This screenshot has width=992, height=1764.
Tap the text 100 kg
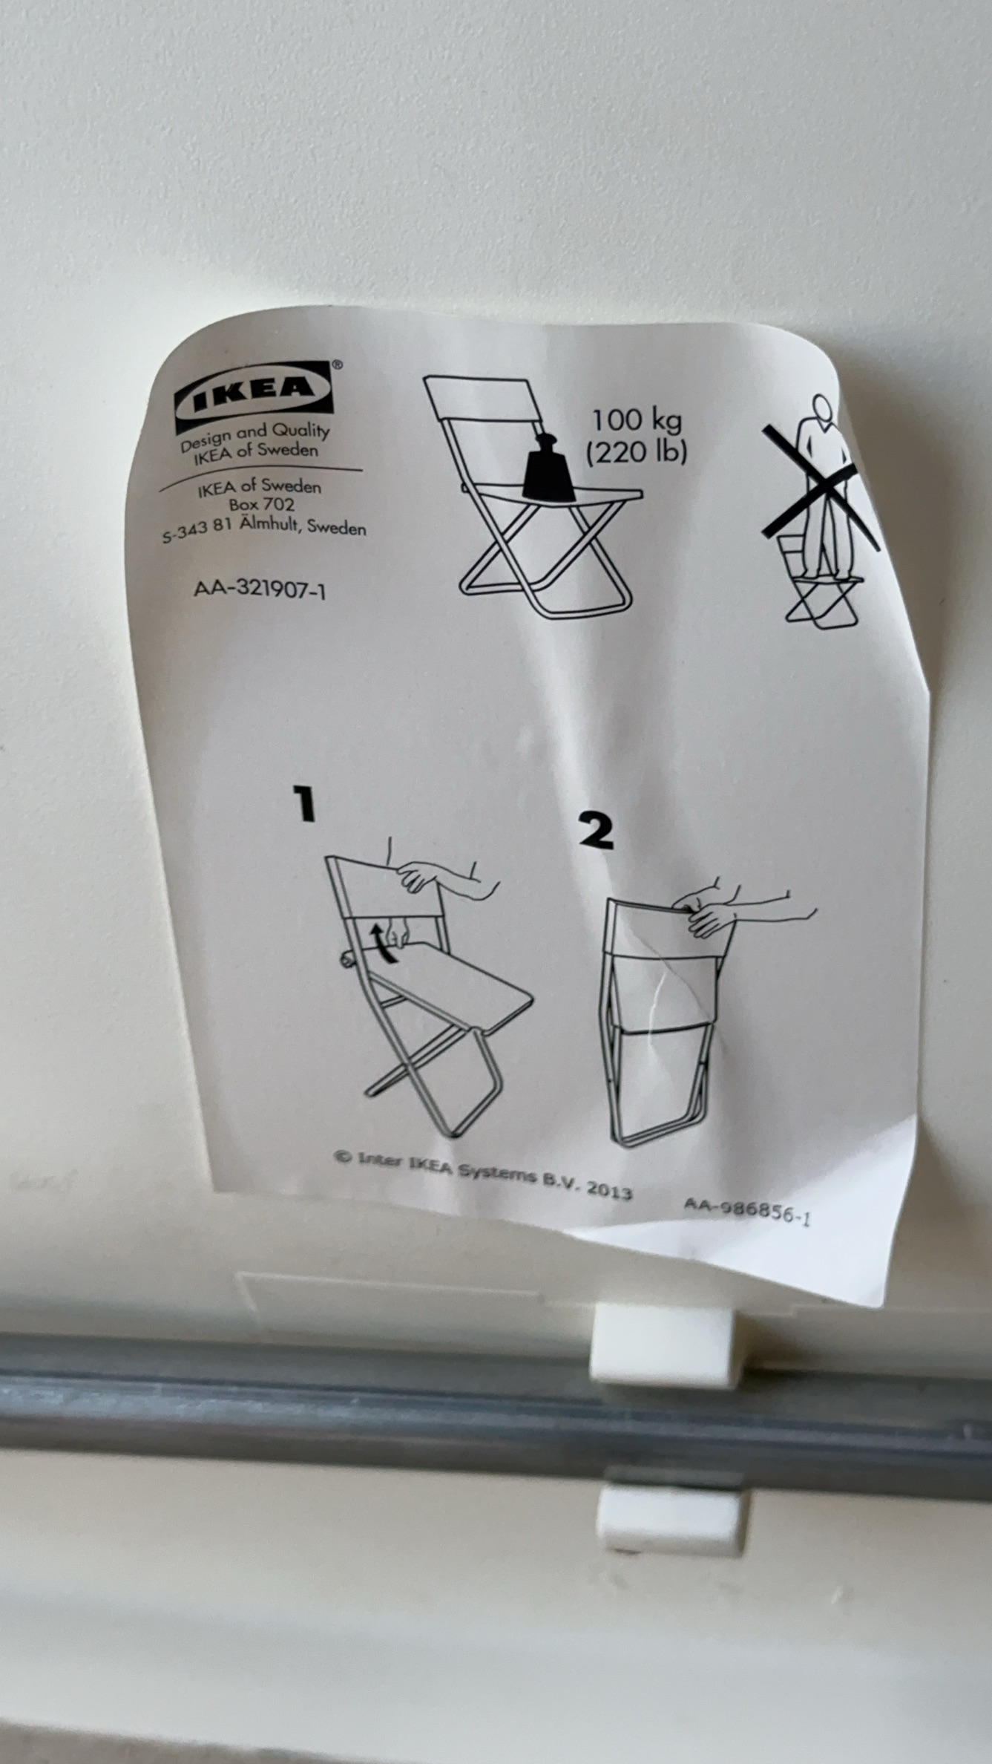[636, 421]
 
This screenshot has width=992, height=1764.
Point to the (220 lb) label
[636, 451]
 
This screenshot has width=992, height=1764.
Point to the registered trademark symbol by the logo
[336, 365]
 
